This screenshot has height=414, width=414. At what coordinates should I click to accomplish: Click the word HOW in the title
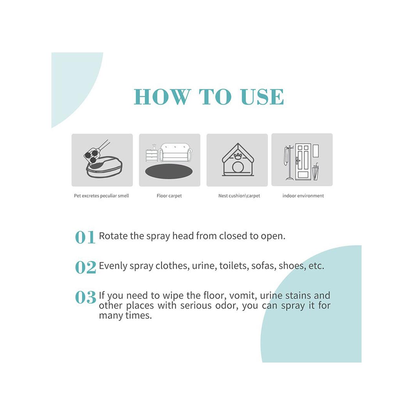(162, 97)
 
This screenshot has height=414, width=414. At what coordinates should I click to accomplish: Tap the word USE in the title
(262, 97)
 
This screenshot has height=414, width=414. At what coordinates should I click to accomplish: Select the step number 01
(85, 237)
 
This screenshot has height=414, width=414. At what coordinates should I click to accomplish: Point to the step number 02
(85, 267)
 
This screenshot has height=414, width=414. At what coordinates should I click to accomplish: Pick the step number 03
(85, 297)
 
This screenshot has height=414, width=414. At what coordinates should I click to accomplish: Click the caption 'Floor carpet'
(169, 196)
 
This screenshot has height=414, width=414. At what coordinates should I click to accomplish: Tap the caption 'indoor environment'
(303, 196)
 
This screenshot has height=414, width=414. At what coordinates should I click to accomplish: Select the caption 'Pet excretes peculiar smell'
(102, 196)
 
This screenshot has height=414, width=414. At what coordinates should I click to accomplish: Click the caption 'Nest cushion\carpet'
(239, 196)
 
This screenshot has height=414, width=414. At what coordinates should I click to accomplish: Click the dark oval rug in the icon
(169, 171)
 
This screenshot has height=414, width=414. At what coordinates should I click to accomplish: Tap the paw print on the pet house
(238, 156)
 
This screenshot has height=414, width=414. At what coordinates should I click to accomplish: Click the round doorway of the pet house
(238, 168)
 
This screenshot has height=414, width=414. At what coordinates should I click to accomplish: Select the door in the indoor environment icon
(303, 162)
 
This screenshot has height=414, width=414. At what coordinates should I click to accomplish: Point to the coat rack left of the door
(288, 163)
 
